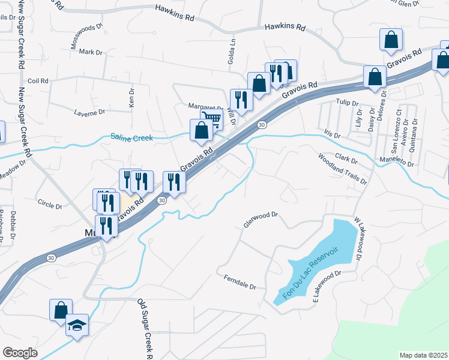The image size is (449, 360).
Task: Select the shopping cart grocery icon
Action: pos(211,119)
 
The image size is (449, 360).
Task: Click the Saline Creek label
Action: pos(131,137)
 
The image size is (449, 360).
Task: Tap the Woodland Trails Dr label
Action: pos(342,168)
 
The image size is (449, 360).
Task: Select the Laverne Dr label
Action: pos(89,112)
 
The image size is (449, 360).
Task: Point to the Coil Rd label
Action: pos(37,80)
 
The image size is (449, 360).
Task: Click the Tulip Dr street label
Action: pos(347,103)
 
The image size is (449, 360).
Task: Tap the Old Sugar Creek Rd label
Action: pos(146,329)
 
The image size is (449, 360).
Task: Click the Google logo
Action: pos(19,352)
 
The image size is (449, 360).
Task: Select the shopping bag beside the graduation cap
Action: pos(61,310)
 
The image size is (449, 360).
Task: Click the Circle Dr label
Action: pos(50,205)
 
